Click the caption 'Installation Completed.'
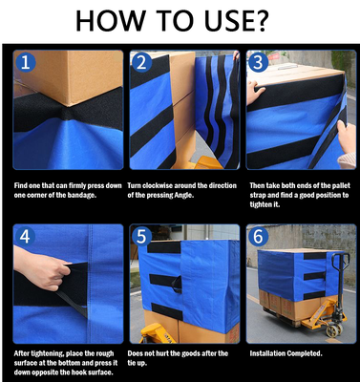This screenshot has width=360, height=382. [x=286, y=353]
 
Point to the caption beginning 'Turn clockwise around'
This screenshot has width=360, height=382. [x=181, y=190]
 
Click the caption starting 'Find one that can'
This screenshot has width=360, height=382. [x=67, y=190]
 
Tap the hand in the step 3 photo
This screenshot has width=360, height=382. [x=256, y=93]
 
